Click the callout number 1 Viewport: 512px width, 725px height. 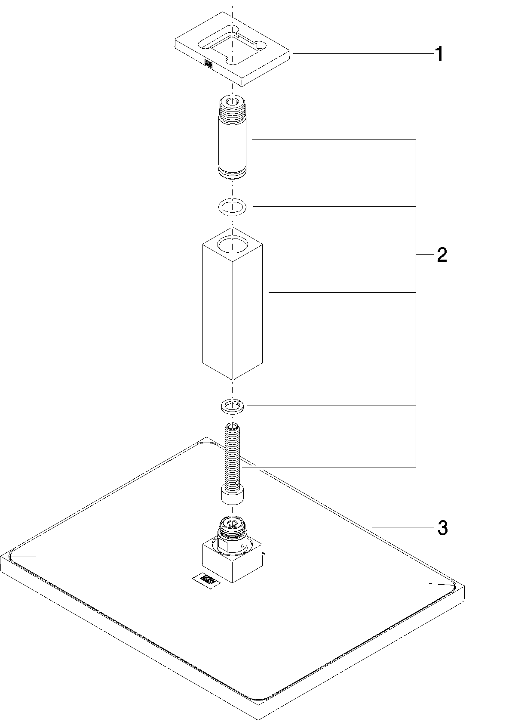point(438,54)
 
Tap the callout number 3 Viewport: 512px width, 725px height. point(442,528)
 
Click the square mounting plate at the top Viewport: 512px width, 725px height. point(233,49)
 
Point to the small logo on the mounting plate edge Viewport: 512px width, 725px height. point(208,64)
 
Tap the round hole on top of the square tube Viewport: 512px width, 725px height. point(233,244)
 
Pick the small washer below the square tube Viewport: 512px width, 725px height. point(233,406)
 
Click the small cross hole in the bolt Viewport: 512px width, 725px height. point(238,484)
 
